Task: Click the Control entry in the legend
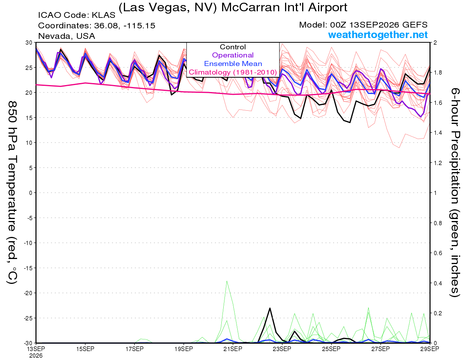[x=233, y=47]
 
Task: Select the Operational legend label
[x=233, y=55]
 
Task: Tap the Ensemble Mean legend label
[x=233, y=64]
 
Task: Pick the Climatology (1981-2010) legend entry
[x=233, y=72]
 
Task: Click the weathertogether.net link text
[x=378, y=35]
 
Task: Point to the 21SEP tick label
[x=233, y=349]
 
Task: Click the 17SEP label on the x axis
[x=134, y=349]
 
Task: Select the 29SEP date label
[x=429, y=349]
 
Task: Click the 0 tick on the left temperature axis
[x=31, y=193]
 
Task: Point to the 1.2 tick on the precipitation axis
[x=436, y=163]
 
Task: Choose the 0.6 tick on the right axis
[x=436, y=253]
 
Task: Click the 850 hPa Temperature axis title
[x=12, y=193]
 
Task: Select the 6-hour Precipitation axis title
[x=455, y=192]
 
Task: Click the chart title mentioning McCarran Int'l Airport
[x=233, y=7]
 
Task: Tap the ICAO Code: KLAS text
[x=77, y=15]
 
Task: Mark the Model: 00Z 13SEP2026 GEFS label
[x=363, y=25]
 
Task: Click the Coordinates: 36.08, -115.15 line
[x=97, y=26]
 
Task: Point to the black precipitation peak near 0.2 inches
[x=270, y=308]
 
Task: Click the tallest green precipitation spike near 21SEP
[x=227, y=281]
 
